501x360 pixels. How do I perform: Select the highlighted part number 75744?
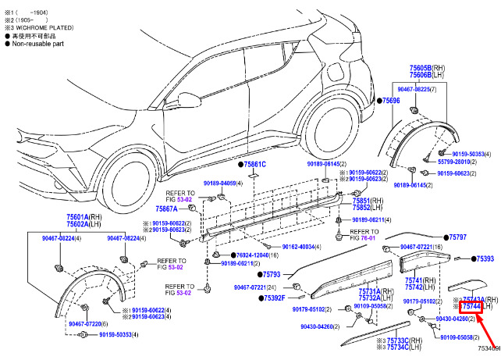(473, 306)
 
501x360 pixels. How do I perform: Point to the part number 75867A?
(168, 209)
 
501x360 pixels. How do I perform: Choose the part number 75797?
(457, 237)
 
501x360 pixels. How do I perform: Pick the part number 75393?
(485, 258)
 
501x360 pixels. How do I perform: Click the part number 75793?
(272, 274)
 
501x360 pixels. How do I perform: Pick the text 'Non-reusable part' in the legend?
(39, 44)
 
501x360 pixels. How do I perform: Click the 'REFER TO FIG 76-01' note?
(364, 235)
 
